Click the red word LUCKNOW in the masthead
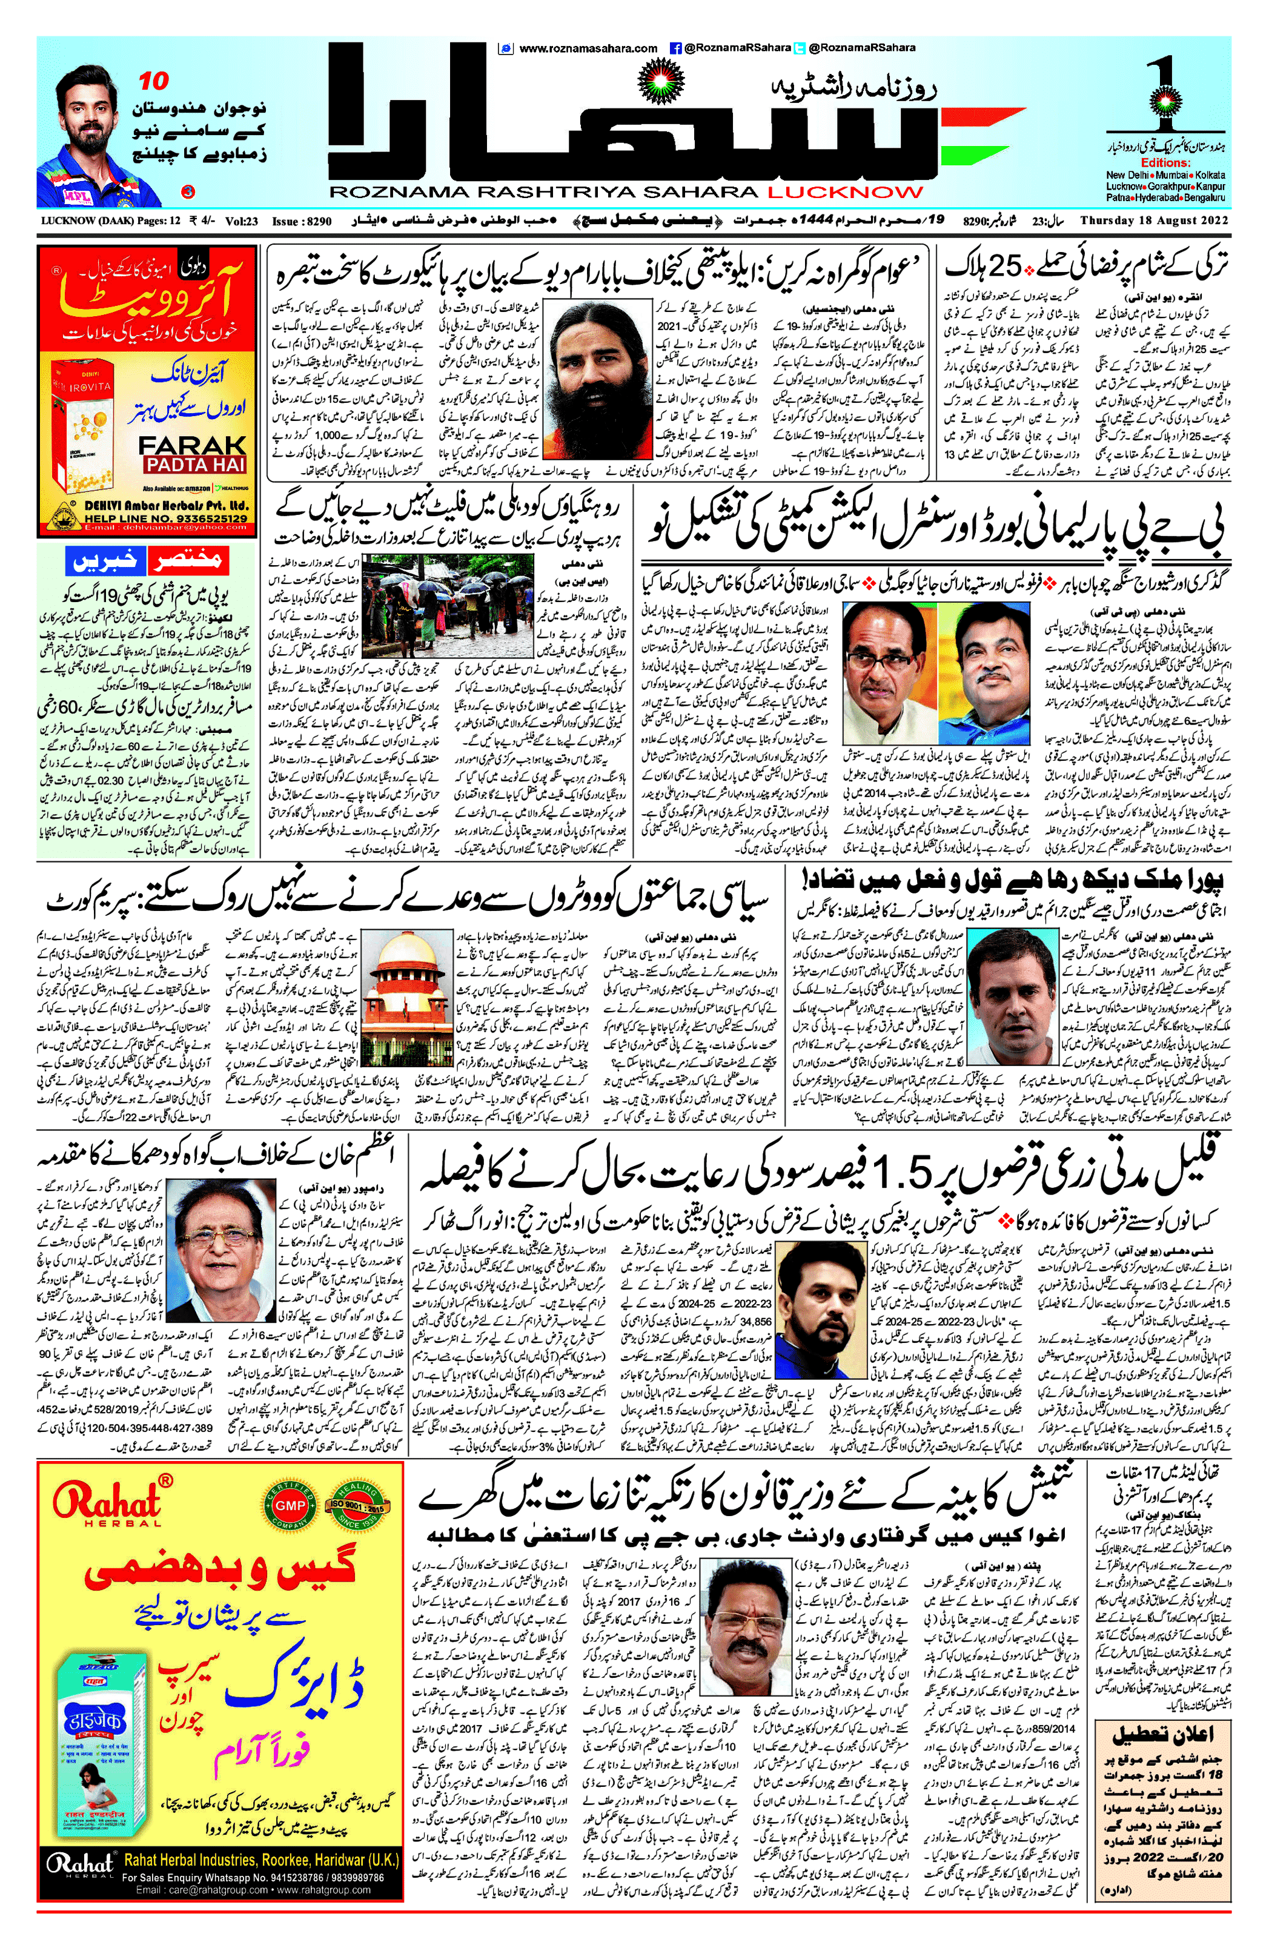[845, 193]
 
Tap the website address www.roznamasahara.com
[587, 48]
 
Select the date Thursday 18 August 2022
[1155, 220]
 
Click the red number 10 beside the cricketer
[153, 81]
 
